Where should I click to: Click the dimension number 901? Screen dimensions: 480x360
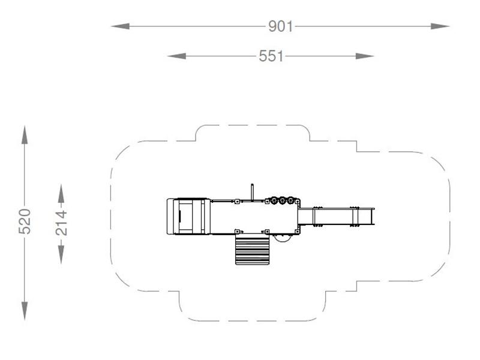(x=280, y=26)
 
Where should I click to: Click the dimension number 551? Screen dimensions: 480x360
(x=271, y=56)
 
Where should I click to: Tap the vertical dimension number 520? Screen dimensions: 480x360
(x=25, y=221)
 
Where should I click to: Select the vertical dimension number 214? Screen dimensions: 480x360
(x=62, y=223)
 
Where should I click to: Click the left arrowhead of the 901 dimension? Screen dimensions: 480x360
(x=121, y=26)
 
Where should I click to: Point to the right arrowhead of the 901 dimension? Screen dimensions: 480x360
(x=440, y=26)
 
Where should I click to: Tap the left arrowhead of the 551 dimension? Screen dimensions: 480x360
(x=176, y=56)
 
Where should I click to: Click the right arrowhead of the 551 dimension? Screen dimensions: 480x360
(x=365, y=56)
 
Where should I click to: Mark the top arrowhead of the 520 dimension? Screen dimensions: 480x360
(x=25, y=134)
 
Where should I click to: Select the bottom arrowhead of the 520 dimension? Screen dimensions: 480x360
(x=25, y=311)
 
